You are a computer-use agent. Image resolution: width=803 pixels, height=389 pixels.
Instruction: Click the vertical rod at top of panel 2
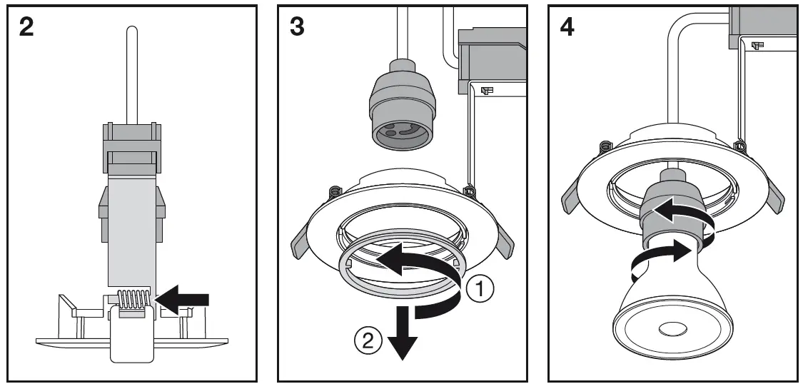[131, 71]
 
